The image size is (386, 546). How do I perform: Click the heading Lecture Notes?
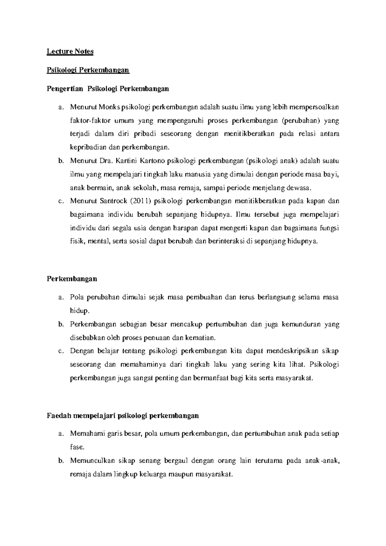pyautogui.click(x=70, y=52)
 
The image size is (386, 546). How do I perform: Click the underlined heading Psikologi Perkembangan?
pyautogui.click(x=88, y=70)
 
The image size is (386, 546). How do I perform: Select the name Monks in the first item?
pyautogui.click(x=109, y=107)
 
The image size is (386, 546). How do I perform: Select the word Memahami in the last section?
pyautogui.click(x=86, y=434)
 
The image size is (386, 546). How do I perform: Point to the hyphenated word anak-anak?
pyautogui.click(x=322, y=461)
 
